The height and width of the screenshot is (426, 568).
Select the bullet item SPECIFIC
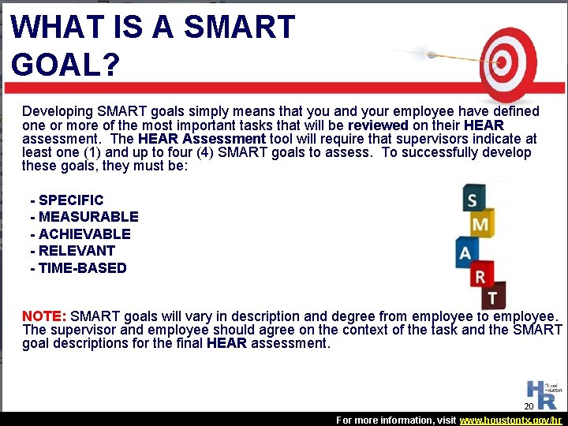click(x=70, y=200)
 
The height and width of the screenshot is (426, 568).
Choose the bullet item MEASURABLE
click(x=88, y=217)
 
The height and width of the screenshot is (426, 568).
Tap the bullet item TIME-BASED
click(x=82, y=268)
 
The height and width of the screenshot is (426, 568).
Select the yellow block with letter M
click(x=480, y=225)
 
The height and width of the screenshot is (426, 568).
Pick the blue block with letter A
click(x=466, y=252)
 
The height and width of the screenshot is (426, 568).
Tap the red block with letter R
click(x=480, y=275)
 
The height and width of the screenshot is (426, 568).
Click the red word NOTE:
click(x=44, y=316)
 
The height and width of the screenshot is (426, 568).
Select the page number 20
click(x=529, y=406)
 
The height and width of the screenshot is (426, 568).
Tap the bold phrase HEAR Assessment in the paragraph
click(x=201, y=139)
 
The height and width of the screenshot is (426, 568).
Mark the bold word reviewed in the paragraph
click(x=378, y=125)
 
